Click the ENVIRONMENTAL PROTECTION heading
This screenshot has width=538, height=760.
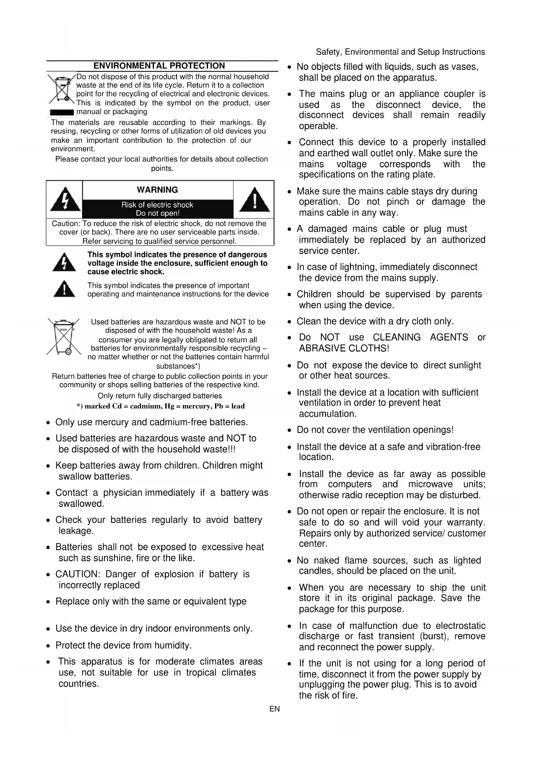[x=159, y=66]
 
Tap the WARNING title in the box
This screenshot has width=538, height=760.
[x=157, y=190]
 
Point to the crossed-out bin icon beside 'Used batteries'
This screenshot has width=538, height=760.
[x=64, y=337]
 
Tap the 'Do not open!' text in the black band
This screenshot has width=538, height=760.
[x=157, y=213]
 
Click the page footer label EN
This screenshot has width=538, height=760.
[x=274, y=709]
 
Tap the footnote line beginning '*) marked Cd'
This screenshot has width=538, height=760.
[x=160, y=406]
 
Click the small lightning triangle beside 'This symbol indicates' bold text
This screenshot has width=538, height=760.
[x=64, y=263]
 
